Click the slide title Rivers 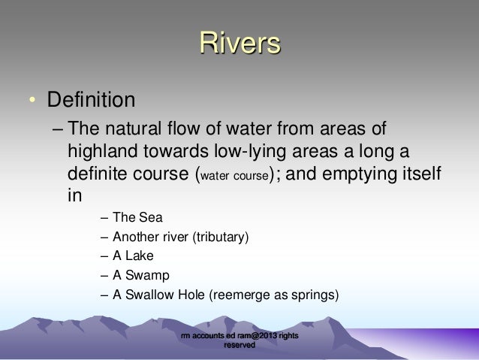coord(239,44)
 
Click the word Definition coord(91,99)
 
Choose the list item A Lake coord(134,256)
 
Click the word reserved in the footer coord(239,346)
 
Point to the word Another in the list coord(135,237)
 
